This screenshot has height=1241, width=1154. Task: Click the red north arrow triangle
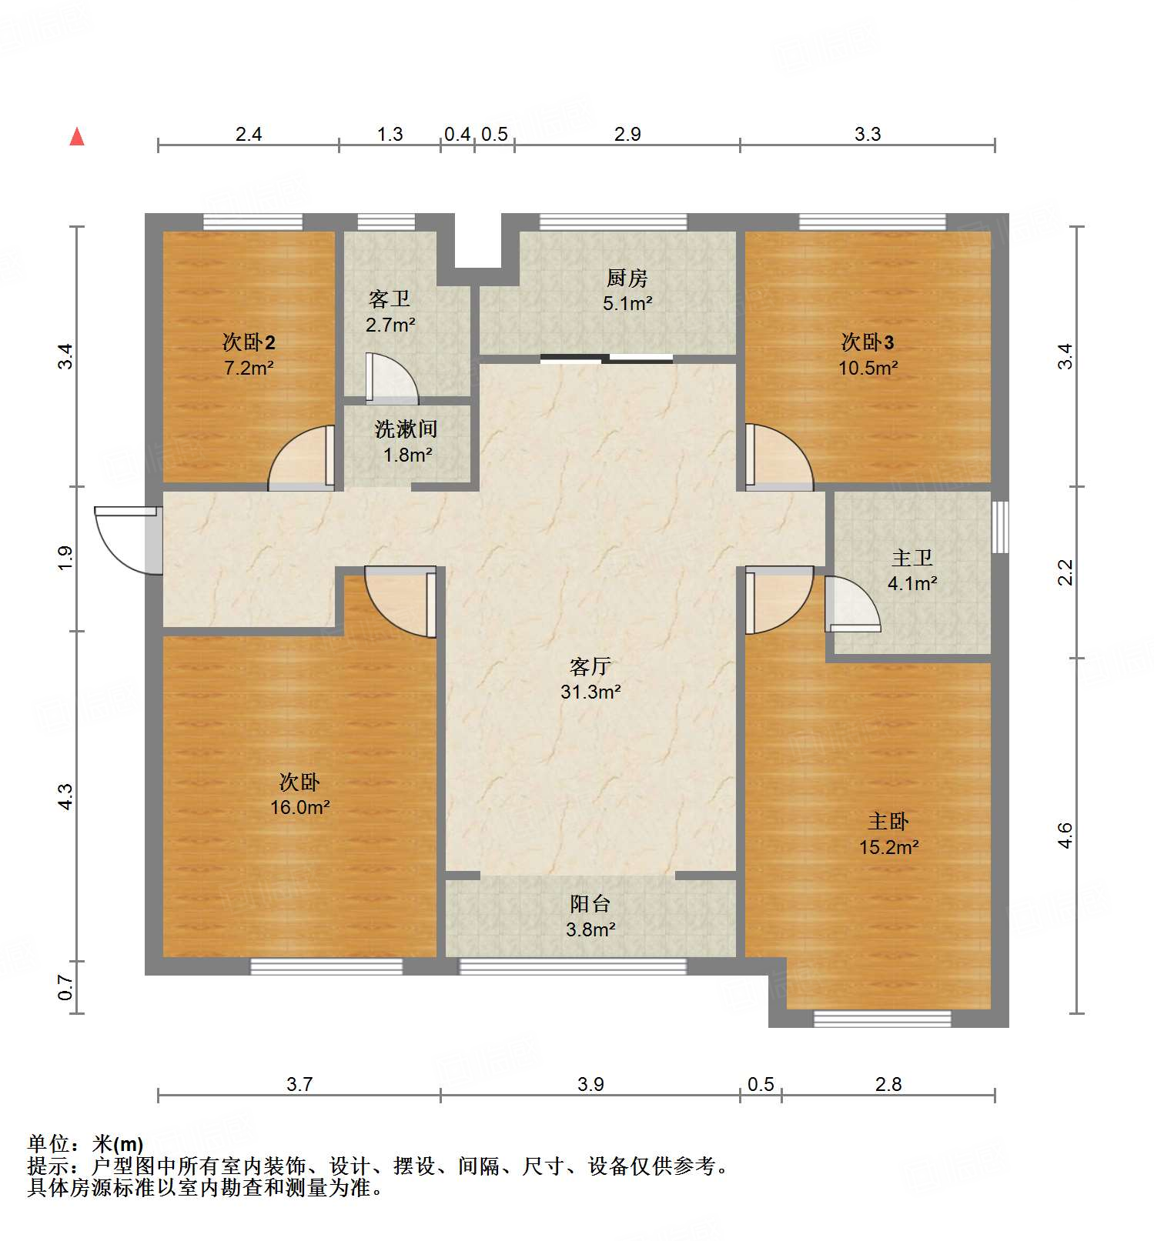[77, 137]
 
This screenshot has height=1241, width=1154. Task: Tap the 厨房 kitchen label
[627, 278]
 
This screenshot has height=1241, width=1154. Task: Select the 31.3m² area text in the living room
[590, 692]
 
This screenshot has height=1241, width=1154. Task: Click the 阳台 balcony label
[590, 904]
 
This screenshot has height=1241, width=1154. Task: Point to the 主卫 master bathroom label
[912, 558]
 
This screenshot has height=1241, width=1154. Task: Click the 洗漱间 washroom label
[406, 429]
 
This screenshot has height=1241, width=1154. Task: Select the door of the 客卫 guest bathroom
[391, 379]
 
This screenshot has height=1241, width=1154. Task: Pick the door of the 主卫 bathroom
[851, 605]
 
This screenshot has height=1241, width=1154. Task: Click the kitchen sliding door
[607, 358]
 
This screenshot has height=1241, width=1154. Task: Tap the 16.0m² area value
[299, 807]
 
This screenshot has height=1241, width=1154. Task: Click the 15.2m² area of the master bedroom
[888, 847]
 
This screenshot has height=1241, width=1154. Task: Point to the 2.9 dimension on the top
[627, 134]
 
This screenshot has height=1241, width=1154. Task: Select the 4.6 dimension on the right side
[1065, 836]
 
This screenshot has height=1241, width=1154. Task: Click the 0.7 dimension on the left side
[66, 987]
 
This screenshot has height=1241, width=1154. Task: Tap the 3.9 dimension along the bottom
[590, 1084]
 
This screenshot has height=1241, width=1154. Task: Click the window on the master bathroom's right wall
[999, 527]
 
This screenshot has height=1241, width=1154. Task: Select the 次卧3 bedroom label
[868, 342]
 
